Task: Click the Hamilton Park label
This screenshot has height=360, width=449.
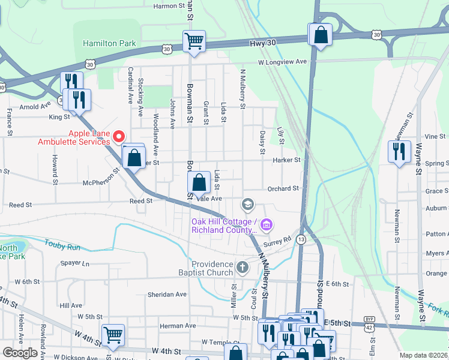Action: pyautogui.click(x=109, y=44)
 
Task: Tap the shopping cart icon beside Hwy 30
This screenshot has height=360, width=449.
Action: pyautogui.click(x=194, y=41)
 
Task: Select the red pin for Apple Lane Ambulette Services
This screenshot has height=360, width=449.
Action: pyautogui.click(x=119, y=137)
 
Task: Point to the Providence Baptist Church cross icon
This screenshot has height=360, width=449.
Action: pyautogui.click(x=242, y=268)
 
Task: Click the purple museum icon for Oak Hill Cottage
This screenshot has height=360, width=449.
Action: pyautogui.click(x=267, y=226)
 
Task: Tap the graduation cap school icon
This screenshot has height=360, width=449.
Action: pyautogui.click(x=247, y=205)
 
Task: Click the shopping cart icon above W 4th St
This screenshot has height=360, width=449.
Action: pyautogui.click(x=113, y=335)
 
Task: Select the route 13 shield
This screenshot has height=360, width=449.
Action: pyautogui.click(x=301, y=239)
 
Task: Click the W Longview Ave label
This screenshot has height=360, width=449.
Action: pyautogui.click(x=282, y=62)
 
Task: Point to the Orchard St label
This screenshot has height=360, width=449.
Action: pyautogui.click(x=283, y=188)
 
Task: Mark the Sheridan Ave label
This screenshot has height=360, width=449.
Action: pyautogui.click(x=167, y=295)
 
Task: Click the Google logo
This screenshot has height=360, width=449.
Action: pyautogui.click(x=19, y=353)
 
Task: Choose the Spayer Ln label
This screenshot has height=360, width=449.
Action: pyautogui.click(x=74, y=263)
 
